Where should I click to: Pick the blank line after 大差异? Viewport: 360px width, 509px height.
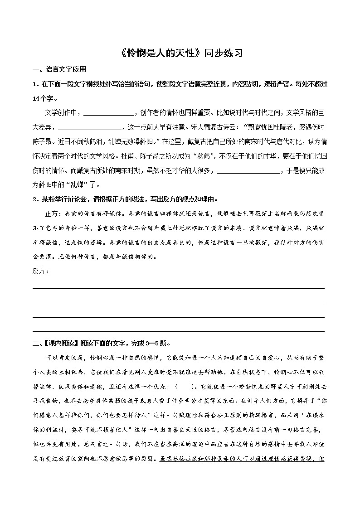pos(90,128)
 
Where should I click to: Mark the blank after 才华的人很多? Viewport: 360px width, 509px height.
pos(249,172)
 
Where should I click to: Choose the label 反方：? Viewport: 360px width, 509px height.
pos(41,271)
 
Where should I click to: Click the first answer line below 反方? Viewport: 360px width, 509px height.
pos(179,287)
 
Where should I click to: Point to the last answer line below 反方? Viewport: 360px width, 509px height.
pos(179,331)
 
